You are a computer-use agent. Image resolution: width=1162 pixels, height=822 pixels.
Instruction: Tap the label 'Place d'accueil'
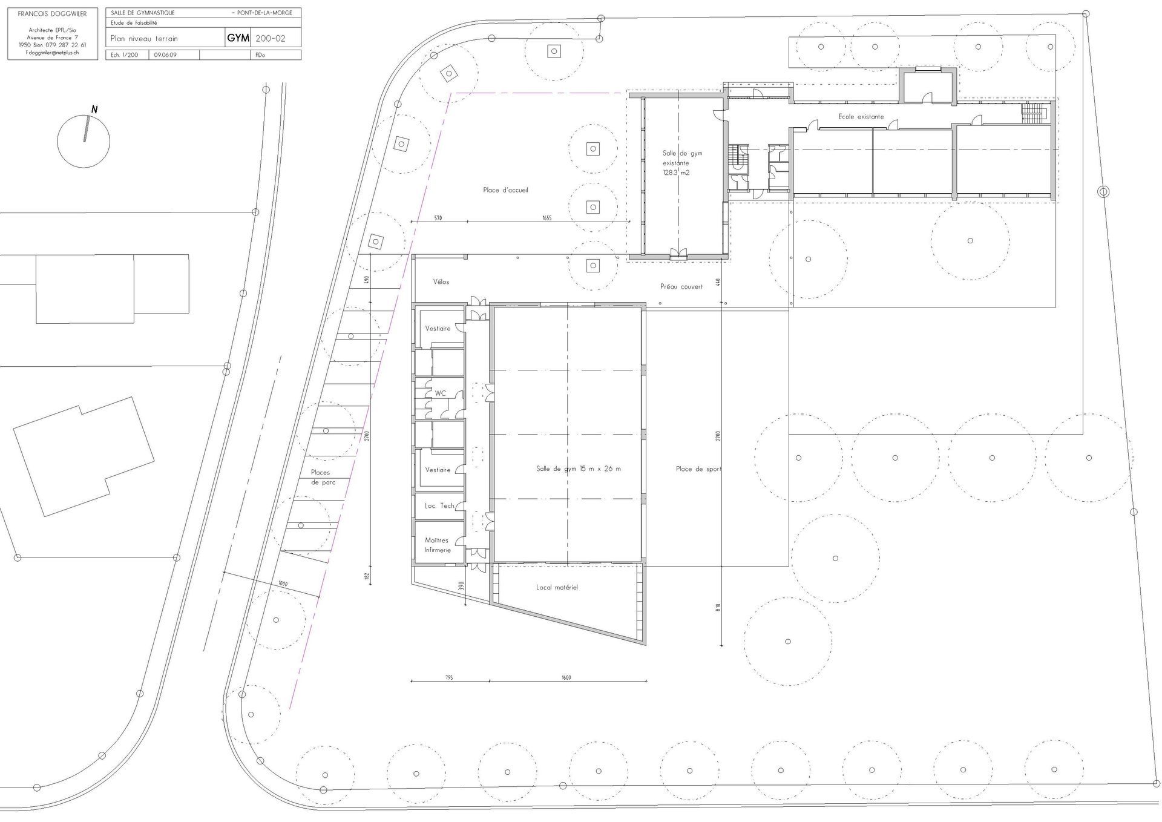[505, 190]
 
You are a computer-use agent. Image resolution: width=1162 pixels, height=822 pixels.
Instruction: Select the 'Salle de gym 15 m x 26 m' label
[578, 469]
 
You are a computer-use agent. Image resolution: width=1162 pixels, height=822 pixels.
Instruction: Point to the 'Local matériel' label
[557, 587]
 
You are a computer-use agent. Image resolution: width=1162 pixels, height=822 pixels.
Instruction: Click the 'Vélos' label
[441, 282]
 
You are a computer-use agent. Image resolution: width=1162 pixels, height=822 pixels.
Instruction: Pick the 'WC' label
[440, 393]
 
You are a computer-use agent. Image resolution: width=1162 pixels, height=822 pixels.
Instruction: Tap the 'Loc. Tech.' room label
[440, 506]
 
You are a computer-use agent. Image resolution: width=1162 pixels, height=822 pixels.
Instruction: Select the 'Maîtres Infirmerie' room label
[438, 545]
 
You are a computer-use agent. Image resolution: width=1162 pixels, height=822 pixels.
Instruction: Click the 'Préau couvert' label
[681, 286]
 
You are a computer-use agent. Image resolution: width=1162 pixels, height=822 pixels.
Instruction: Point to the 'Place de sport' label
[698, 469]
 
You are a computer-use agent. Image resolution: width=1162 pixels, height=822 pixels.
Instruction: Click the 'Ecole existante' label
[861, 117]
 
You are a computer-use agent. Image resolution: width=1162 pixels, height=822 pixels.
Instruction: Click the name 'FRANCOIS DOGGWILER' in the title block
[52, 14]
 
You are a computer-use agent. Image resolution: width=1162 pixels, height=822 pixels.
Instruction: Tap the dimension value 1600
[566, 677]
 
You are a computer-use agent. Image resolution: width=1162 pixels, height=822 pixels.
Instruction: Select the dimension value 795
[448, 677]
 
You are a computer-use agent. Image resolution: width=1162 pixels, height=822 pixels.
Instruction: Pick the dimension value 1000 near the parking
[283, 584]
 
